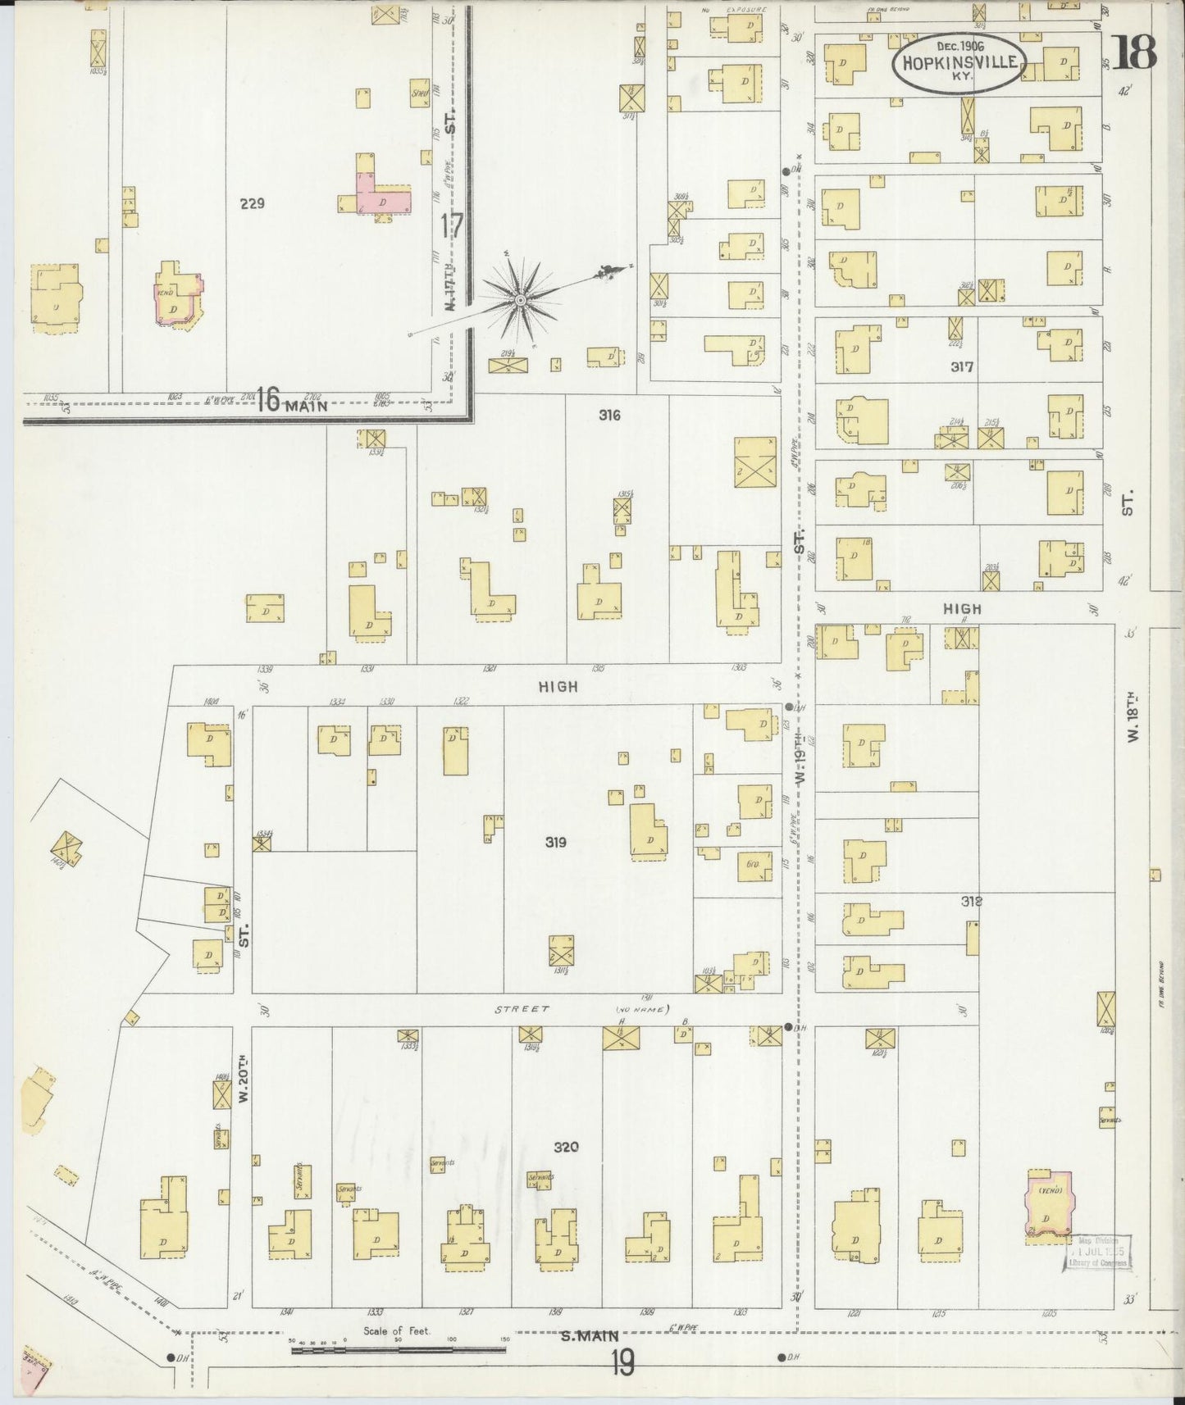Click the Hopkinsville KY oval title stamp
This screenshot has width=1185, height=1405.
click(x=957, y=61)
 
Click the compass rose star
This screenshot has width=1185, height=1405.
click(x=520, y=301)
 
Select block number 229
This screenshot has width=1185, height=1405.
click(x=252, y=203)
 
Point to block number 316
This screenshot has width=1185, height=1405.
click(x=609, y=416)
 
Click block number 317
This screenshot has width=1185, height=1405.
click(x=962, y=367)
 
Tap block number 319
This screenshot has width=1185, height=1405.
click(x=556, y=842)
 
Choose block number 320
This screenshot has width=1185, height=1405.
click(x=566, y=1147)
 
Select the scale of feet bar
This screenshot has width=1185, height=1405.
click(x=398, y=1346)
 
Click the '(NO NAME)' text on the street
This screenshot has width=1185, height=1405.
click(x=642, y=1009)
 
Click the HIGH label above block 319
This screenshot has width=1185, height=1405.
click(x=558, y=687)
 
